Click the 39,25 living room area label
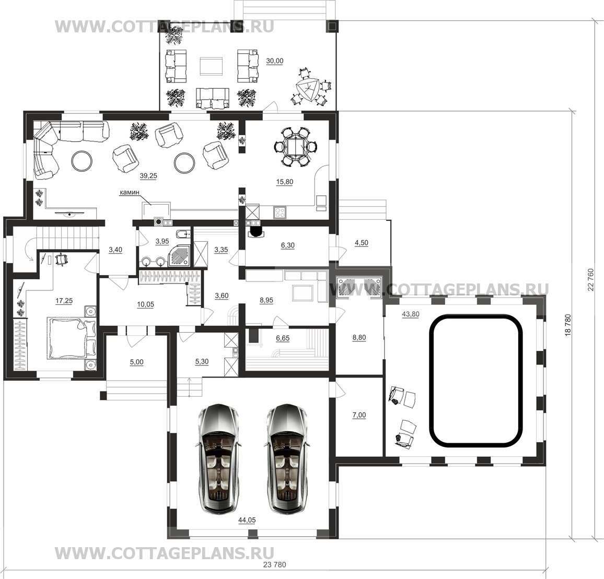[x=148, y=176]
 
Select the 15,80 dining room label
[x=284, y=182]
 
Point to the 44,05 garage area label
[x=247, y=521]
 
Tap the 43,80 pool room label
[x=411, y=314]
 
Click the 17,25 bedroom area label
[x=64, y=301]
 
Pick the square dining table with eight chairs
[x=296, y=147]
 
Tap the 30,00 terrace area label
[x=275, y=61]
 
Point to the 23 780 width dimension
[x=275, y=565]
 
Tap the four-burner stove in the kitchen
[x=280, y=212]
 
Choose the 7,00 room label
[x=359, y=415]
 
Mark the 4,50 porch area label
[x=362, y=243]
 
